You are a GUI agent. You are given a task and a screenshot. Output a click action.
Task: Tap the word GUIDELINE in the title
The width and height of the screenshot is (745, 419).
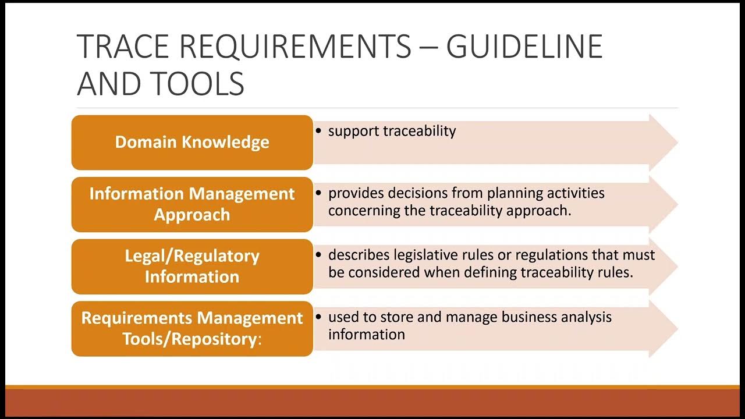(524, 47)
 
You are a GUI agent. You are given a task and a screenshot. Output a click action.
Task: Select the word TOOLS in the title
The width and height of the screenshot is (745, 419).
(198, 83)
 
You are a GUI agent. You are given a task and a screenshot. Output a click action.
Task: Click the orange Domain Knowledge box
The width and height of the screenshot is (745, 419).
(192, 143)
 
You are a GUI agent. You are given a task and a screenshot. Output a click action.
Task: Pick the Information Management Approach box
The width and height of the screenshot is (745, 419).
(192, 204)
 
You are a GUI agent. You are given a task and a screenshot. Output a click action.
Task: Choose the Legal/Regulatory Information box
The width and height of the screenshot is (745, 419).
(192, 266)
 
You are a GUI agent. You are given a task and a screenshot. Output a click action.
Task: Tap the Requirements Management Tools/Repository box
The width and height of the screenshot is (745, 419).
(192, 328)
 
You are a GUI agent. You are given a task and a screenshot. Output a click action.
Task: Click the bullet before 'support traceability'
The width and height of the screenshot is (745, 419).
(318, 132)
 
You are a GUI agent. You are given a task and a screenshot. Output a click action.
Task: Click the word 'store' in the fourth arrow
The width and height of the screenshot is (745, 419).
(396, 317)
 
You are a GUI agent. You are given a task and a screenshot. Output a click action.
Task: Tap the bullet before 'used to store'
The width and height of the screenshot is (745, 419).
(318, 318)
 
